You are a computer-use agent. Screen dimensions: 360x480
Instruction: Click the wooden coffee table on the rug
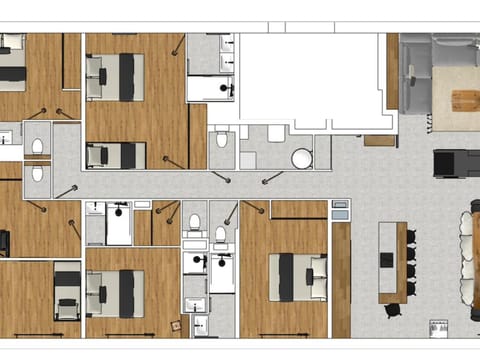click(x=466, y=99)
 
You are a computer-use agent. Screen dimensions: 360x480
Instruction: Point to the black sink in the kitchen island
click(x=387, y=259)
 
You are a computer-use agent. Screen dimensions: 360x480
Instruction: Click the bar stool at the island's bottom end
click(x=393, y=309)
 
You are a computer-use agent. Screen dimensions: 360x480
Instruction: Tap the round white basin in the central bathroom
click(x=301, y=158)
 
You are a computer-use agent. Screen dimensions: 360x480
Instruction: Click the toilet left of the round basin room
click(x=222, y=140)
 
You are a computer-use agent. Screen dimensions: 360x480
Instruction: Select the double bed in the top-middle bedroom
click(x=119, y=77)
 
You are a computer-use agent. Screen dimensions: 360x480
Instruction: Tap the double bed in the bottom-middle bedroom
click(x=117, y=293)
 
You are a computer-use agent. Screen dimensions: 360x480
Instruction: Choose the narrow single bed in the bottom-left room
click(x=67, y=293)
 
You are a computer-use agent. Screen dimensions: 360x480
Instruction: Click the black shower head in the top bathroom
click(x=228, y=88)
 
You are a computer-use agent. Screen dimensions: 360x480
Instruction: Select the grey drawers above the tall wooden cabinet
click(x=341, y=210)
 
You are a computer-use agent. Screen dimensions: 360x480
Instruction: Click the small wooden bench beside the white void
click(x=379, y=141)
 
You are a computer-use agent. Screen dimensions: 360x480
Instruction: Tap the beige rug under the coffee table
click(x=455, y=100)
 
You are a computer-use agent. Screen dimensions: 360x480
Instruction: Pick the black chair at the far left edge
click(x=4, y=243)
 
